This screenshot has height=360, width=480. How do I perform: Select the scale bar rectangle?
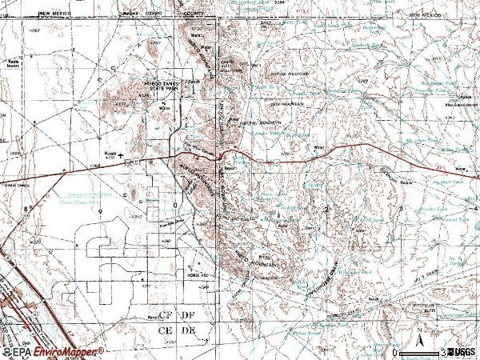pos(420,352)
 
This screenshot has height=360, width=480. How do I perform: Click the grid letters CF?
pos(166,317)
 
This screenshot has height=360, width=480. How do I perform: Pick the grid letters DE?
pos(190,330)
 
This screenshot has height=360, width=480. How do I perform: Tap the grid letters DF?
pos(190,317)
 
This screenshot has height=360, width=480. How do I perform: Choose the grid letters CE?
pos(166,330)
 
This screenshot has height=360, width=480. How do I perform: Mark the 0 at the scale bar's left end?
pos(396,352)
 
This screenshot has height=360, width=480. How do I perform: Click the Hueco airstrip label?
pos(110,155)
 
